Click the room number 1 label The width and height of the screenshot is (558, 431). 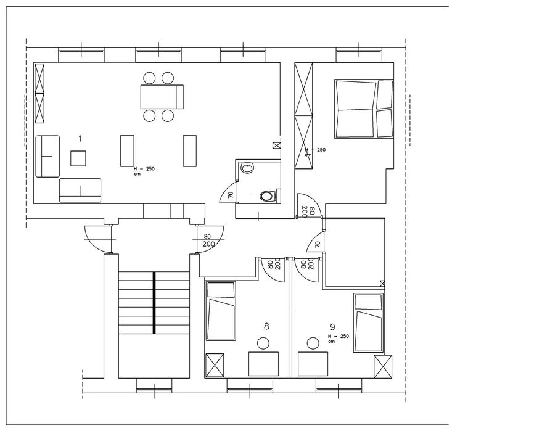click(80, 139)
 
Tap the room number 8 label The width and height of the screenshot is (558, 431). click(266, 326)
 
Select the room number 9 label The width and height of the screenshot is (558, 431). click(333, 327)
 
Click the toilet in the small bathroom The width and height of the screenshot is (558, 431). click(268, 195)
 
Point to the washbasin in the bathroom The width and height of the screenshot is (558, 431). click(247, 168)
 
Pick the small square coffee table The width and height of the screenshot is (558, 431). click(78, 158)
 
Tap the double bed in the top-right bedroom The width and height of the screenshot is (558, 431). click(364, 109)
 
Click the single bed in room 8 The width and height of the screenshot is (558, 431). click(221, 311)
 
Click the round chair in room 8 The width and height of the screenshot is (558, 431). click(263, 343)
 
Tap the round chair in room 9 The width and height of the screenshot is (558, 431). click(313, 343)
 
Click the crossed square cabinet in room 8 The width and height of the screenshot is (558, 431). click(215, 365)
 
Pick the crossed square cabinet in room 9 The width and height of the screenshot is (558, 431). click(383, 366)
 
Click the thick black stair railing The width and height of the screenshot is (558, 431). click(154, 303)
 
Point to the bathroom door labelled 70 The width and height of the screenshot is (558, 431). click(228, 192)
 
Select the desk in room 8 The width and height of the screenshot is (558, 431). click(264, 364)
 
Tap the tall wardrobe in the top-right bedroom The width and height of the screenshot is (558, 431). click(303, 115)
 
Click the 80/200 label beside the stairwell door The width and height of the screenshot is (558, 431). click(208, 240)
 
